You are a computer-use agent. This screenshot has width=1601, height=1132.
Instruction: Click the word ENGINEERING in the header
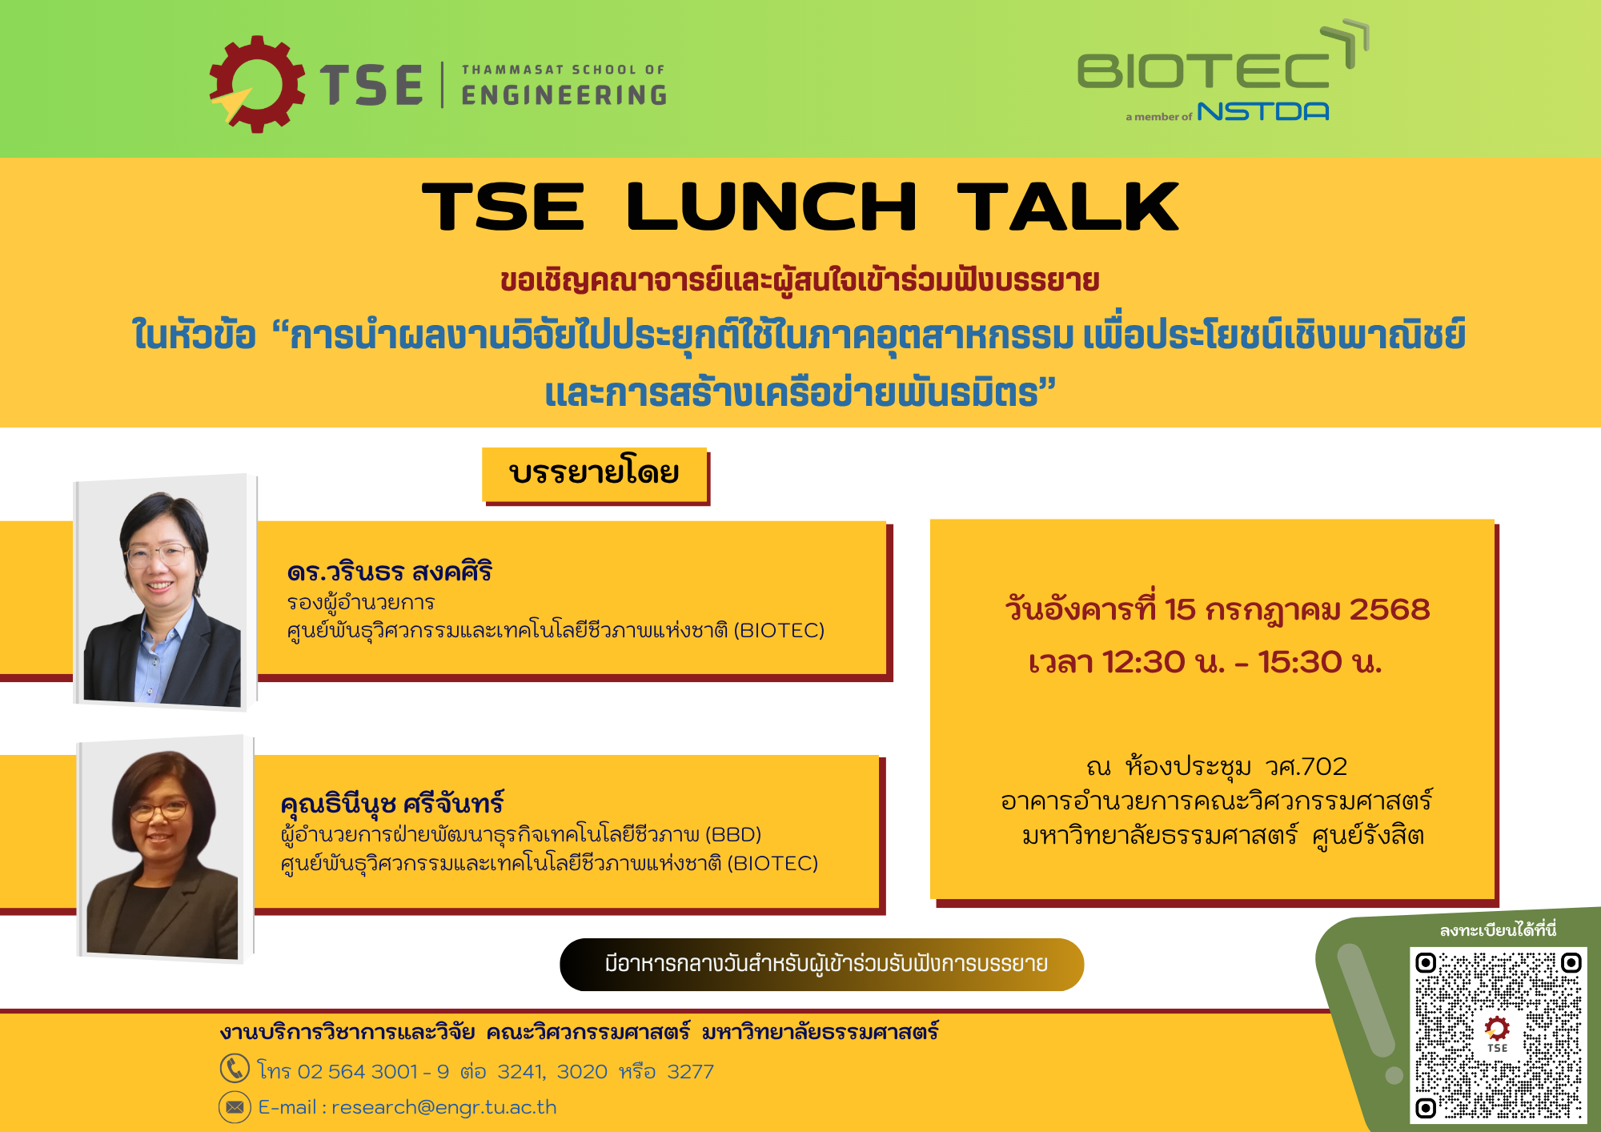[x=564, y=95]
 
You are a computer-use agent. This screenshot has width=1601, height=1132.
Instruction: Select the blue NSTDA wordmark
[x=1263, y=111]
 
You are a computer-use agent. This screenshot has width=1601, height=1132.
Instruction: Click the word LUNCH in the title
[x=771, y=207]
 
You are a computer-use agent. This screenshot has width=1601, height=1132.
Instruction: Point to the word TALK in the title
[x=1068, y=207]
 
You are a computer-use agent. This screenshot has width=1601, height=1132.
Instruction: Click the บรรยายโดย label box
[x=595, y=474]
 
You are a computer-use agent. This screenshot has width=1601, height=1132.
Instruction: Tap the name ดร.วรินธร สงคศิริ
[x=389, y=572]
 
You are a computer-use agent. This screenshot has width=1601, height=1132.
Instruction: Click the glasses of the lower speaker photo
[x=158, y=810]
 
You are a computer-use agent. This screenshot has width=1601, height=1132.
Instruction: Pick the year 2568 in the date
[x=1390, y=609]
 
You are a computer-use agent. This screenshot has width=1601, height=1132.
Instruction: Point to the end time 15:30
[x=1299, y=662]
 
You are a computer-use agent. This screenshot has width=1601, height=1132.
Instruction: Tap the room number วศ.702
[x=1306, y=766]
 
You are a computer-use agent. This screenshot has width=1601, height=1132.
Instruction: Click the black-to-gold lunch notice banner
[x=822, y=964]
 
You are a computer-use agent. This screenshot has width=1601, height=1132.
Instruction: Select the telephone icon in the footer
[x=235, y=1068]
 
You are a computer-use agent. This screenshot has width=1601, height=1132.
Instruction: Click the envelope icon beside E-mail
[x=235, y=1106]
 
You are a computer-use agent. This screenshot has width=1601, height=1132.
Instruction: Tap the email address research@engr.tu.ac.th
[x=444, y=1107]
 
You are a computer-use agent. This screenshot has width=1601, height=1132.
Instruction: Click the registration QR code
[x=1498, y=1035]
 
